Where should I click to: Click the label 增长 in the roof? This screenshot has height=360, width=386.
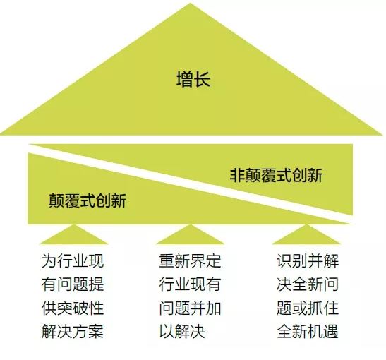[x=193, y=79]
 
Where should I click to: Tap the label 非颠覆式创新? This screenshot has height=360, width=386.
[x=276, y=176]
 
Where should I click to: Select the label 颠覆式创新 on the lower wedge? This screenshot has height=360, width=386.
[x=88, y=200]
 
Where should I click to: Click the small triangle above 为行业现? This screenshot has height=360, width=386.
[x=74, y=234]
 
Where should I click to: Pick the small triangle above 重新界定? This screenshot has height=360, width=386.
[x=191, y=234]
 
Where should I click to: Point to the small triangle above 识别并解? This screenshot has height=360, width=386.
[x=306, y=234]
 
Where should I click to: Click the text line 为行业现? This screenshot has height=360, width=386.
[x=73, y=261]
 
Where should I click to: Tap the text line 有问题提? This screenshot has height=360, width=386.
[x=73, y=284]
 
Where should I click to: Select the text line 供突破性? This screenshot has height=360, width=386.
[x=73, y=308]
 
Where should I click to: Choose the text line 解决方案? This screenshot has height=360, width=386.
[x=73, y=331]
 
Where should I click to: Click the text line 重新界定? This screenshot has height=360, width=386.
[x=190, y=261]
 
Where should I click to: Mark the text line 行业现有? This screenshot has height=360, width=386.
[x=190, y=284]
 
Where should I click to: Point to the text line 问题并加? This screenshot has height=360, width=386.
[x=190, y=308]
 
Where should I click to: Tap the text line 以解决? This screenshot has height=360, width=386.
[x=182, y=331]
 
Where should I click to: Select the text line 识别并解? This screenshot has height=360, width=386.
[x=308, y=261]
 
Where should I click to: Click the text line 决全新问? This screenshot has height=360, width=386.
[x=308, y=284]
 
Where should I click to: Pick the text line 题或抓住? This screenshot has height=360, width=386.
[x=308, y=308]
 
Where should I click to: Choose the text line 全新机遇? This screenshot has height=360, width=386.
[x=308, y=331]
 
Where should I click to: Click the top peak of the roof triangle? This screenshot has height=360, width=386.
[x=191, y=4]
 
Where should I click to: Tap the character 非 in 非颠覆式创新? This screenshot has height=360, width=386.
[x=237, y=176]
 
